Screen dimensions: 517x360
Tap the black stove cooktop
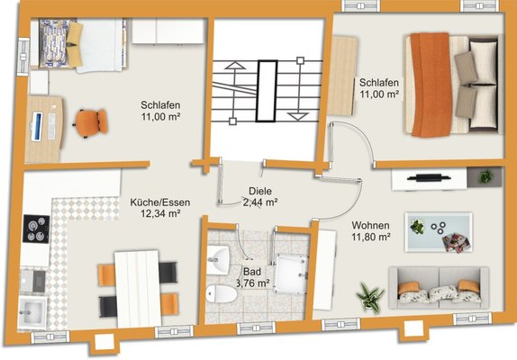point(36,229)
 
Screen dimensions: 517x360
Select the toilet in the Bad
point(222,293)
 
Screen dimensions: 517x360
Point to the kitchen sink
point(32,311)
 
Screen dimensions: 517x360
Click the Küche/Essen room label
point(160,202)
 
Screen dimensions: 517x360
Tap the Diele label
point(260,191)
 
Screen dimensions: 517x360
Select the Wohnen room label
point(370,226)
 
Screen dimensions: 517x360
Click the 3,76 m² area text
point(253,283)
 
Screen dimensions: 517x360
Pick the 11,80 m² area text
point(371,237)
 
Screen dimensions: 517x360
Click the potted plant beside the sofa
point(370,295)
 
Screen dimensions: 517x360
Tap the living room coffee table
point(439,232)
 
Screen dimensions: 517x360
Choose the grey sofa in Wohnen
point(439,288)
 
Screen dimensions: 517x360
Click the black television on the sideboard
point(429,178)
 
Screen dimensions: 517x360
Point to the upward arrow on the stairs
point(234,93)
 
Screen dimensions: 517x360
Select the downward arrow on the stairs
point(299,89)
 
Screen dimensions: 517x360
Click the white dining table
point(138,289)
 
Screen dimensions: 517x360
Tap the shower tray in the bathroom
point(292,274)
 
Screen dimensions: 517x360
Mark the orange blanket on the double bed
point(431,85)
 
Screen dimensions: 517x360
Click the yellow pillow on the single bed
point(74,44)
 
